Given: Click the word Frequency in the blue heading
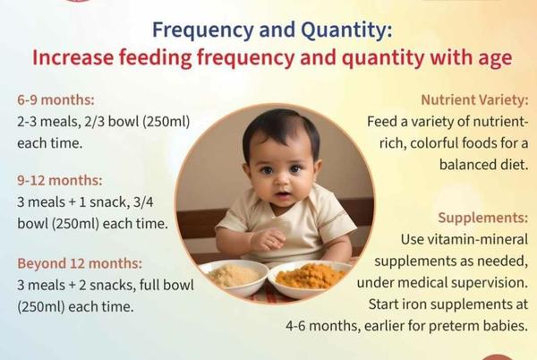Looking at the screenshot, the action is click(x=203, y=30).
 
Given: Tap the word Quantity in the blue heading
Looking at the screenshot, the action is click(x=346, y=30).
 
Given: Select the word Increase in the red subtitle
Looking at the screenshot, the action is click(x=72, y=57).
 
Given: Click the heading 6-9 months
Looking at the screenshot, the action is click(x=55, y=100).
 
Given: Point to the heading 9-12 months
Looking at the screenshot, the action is click(x=60, y=180).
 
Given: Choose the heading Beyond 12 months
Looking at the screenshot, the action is click(x=80, y=263).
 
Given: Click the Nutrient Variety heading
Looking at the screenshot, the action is click(x=474, y=100).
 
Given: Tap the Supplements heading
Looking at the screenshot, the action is click(x=483, y=218).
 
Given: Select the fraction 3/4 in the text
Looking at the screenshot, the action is click(x=143, y=202).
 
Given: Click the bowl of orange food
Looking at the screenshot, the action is click(x=311, y=279).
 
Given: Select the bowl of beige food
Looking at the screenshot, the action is click(x=234, y=277).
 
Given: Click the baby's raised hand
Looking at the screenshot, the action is click(x=268, y=240).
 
